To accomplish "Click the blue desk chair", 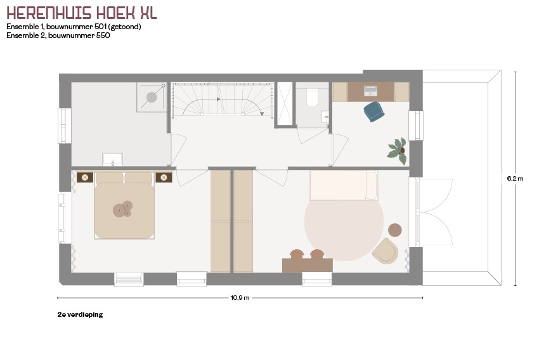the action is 374,112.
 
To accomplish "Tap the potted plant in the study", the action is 398,151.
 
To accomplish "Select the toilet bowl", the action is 312,98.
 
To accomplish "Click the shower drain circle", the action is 152,97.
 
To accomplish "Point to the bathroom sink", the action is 112,159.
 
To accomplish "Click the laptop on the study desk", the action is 370,91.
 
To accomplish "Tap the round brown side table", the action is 394,230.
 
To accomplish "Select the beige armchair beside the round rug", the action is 385,251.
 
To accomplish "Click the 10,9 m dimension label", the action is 240,298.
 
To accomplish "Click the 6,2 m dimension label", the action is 515,179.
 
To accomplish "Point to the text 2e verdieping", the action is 80,314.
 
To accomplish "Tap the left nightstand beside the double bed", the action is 85,177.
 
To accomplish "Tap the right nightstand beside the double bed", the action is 164,177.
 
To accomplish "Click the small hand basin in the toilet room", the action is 325,117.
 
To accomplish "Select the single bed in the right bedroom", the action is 344,185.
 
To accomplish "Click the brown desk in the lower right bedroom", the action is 308,266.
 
